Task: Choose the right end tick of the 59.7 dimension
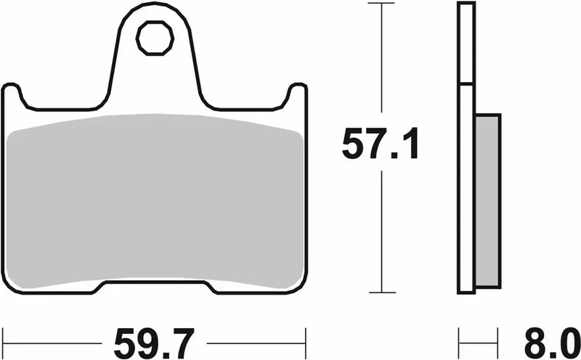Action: (305, 338)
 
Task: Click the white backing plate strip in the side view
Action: (466, 145)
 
